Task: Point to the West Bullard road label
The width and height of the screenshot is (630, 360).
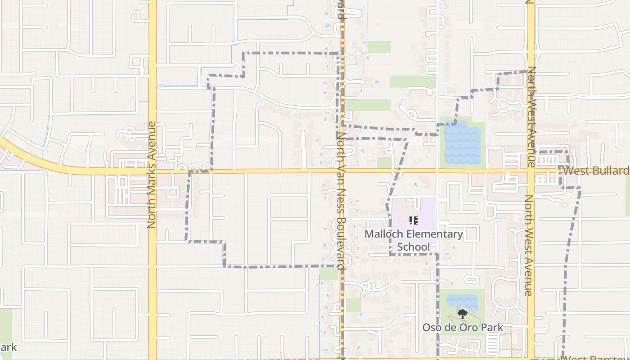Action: tap(596, 171)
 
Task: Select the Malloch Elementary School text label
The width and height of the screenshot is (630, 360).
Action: tap(414, 240)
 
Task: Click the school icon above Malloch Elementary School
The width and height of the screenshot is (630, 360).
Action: tap(414, 220)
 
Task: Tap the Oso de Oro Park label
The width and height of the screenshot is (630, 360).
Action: tap(463, 328)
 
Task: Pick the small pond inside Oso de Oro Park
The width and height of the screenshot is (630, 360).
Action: tap(462, 301)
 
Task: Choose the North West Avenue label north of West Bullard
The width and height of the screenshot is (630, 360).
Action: tap(531, 116)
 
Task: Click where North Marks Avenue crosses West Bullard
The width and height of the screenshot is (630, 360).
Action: tap(153, 171)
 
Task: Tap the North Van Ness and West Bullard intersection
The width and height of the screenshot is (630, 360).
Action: tap(342, 171)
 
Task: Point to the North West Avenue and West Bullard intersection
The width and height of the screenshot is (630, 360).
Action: tap(531, 171)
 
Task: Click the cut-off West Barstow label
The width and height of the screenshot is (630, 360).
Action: tap(596, 358)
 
